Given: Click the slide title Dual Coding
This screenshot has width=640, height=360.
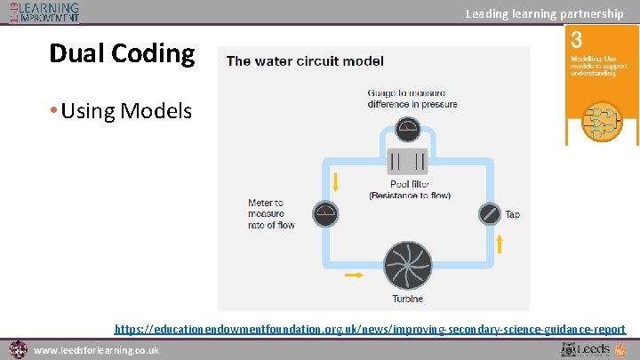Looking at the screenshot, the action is click(x=122, y=53).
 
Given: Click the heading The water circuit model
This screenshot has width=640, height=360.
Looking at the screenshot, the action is click(x=305, y=61).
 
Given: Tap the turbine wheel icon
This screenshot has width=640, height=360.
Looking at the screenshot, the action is click(x=408, y=263).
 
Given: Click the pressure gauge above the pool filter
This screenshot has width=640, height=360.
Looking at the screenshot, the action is click(x=408, y=129).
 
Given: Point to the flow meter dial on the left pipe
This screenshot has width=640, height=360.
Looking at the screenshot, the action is click(x=326, y=213).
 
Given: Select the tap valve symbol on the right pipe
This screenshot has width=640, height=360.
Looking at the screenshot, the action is click(x=490, y=213).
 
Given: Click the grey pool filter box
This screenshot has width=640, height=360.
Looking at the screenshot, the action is click(x=408, y=161).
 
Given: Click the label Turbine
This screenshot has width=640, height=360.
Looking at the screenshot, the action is click(x=407, y=299).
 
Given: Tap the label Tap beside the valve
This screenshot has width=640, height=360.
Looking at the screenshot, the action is click(x=513, y=214).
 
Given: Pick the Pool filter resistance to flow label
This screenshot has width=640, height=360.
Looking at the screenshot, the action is click(x=409, y=190).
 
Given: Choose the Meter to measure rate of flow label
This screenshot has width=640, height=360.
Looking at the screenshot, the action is click(x=271, y=213).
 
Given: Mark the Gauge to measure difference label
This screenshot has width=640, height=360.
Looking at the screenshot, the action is click(x=412, y=98).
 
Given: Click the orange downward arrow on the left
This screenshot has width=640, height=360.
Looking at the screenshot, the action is click(x=337, y=182).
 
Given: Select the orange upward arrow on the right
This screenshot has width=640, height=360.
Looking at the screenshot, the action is click(x=499, y=243).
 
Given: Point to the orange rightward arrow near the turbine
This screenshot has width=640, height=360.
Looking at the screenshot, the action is click(x=353, y=276).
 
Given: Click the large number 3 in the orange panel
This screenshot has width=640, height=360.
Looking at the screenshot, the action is click(x=577, y=40).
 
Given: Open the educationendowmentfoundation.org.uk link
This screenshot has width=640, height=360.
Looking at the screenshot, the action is click(x=370, y=329).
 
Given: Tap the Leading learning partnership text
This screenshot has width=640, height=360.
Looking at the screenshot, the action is click(x=544, y=13).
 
